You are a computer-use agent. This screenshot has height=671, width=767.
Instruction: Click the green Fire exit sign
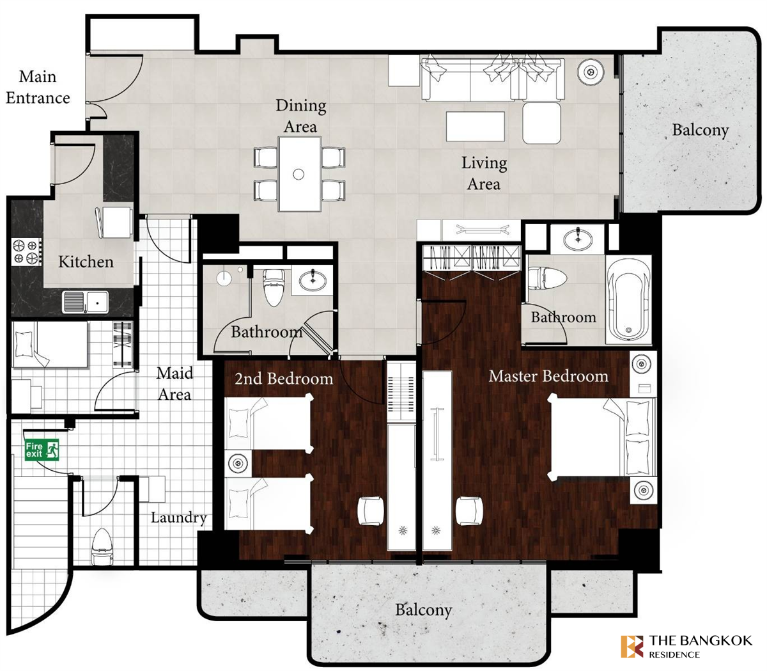42,450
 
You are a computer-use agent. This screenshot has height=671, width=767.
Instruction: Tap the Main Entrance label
38,87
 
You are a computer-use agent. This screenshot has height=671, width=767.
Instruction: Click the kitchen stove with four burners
26,251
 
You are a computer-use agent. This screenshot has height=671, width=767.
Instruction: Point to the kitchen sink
86,301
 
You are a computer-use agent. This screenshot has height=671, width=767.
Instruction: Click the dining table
299,174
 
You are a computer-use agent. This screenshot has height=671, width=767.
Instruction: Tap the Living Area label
484,173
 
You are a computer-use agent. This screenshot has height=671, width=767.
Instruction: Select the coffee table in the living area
476,126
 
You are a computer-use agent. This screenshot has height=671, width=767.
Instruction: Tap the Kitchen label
86,262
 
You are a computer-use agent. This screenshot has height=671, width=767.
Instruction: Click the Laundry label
179,517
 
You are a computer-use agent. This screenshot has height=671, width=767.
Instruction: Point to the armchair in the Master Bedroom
469,510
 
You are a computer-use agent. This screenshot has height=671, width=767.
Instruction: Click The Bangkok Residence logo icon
632,646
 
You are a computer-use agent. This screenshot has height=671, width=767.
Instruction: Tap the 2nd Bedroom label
284,379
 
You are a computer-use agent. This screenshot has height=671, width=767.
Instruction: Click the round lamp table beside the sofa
590,71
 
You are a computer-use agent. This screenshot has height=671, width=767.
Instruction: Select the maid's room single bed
50,344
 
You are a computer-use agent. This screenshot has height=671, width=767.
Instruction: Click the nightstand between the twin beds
238,463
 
